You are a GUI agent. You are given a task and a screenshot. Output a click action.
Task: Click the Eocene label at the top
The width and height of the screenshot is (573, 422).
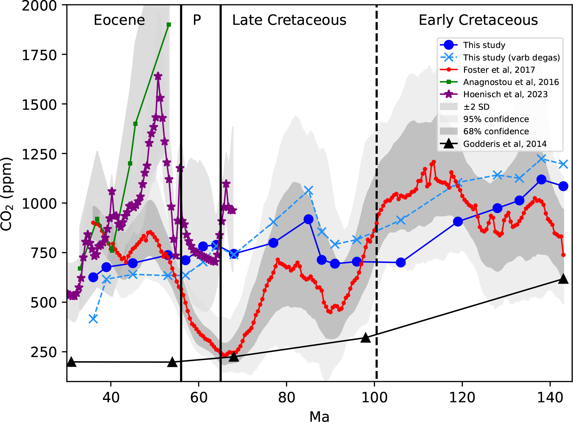(x=119, y=20)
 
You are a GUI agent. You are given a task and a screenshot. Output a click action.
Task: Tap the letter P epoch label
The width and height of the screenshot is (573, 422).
(x=197, y=20)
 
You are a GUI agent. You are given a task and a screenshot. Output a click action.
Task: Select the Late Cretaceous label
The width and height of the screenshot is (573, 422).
(x=289, y=20)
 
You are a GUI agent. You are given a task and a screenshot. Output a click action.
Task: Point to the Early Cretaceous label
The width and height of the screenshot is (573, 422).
(x=478, y=20)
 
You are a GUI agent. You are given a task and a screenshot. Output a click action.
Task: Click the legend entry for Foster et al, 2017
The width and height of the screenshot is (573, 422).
(x=499, y=70)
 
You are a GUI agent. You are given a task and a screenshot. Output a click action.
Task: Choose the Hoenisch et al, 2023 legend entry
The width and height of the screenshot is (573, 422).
(x=505, y=94)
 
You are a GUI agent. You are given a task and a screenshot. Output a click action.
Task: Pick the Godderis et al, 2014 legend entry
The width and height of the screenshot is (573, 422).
(x=505, y=144)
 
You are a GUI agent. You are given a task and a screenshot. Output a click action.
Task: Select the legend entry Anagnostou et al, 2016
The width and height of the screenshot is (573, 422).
(x=511, y=82)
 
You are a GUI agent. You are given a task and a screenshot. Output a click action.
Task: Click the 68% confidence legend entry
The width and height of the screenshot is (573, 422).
(x=496, y=131)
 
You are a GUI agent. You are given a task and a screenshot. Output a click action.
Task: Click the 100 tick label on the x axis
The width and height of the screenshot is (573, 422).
(x=374, y=397)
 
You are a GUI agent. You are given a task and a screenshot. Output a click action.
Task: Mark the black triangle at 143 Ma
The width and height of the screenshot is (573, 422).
(x=563, y=279)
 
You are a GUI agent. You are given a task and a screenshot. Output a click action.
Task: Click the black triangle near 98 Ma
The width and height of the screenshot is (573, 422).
(x=365, y=338)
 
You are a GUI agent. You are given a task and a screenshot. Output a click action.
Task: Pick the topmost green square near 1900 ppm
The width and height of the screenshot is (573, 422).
(x=169, y=25)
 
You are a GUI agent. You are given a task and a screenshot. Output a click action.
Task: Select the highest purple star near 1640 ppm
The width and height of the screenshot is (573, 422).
(x=158, y=76)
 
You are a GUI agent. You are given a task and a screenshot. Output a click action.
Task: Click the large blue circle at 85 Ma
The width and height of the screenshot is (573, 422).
(x=308, y=219)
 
